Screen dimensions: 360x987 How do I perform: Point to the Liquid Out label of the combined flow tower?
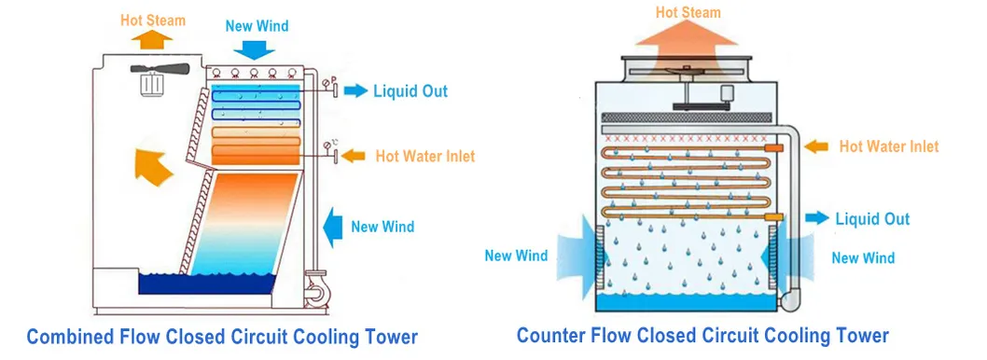[410, 90]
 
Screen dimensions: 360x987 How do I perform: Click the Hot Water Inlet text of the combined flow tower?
[424, 156]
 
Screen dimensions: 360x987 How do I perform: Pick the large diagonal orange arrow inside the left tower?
[153, 162]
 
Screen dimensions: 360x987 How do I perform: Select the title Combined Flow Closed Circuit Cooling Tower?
[221, 336]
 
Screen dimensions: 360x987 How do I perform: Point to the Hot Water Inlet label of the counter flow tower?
[888, 146]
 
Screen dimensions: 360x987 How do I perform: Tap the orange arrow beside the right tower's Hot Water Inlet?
[815, 146]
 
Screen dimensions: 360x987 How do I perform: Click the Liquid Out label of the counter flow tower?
[871, 219]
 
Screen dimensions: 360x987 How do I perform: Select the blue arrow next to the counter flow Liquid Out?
[815, 218]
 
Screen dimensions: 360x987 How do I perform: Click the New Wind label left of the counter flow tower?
[516, 256]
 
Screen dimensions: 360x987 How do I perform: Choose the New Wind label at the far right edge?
[863, 258]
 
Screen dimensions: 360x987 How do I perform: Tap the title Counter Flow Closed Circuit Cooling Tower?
[702, 335]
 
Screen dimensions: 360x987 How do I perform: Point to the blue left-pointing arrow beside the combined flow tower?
[331, 226]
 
